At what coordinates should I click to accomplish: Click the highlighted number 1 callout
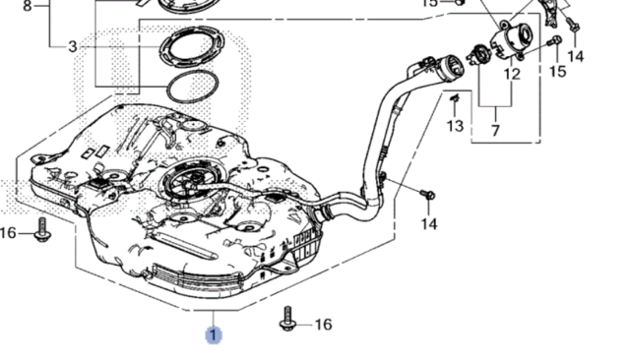(x=214, y=335)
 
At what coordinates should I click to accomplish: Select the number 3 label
(x=72, y=47)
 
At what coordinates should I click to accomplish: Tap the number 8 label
(x=27, y=6)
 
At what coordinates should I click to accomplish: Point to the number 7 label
(x=495, y=131)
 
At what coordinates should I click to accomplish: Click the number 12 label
(x=512, y=74)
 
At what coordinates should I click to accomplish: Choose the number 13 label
(x=455, y=126)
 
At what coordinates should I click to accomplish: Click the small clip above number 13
(x=455, y=97)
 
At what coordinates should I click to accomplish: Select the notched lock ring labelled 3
(x=192, y=46)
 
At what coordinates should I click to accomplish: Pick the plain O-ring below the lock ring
(x=193, y=87)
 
